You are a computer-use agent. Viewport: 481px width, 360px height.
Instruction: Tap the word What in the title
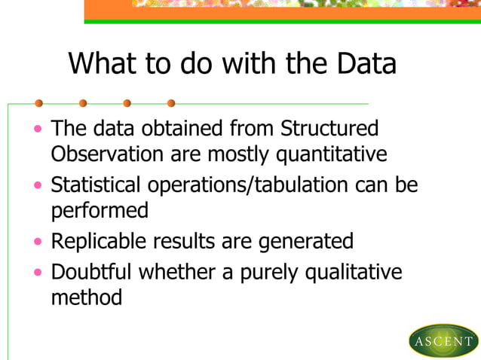[x=106, y=64]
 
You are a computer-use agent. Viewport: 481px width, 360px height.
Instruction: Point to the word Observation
[x=107, y=154]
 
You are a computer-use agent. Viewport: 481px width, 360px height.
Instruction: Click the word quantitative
[x=332, y=154]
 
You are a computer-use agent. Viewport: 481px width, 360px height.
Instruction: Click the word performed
[x=99, y=211]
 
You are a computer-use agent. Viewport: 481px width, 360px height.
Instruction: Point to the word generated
[x=306, y=242]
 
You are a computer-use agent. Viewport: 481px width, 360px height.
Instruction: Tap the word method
[x=86, y=297]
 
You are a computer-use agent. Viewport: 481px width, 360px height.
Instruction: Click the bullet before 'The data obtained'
[x=38, y=129]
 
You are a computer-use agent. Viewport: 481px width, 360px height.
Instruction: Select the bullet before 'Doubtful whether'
[x=38, y=272]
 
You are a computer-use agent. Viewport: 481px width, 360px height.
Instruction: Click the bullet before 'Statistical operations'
[x=38, y=185]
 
